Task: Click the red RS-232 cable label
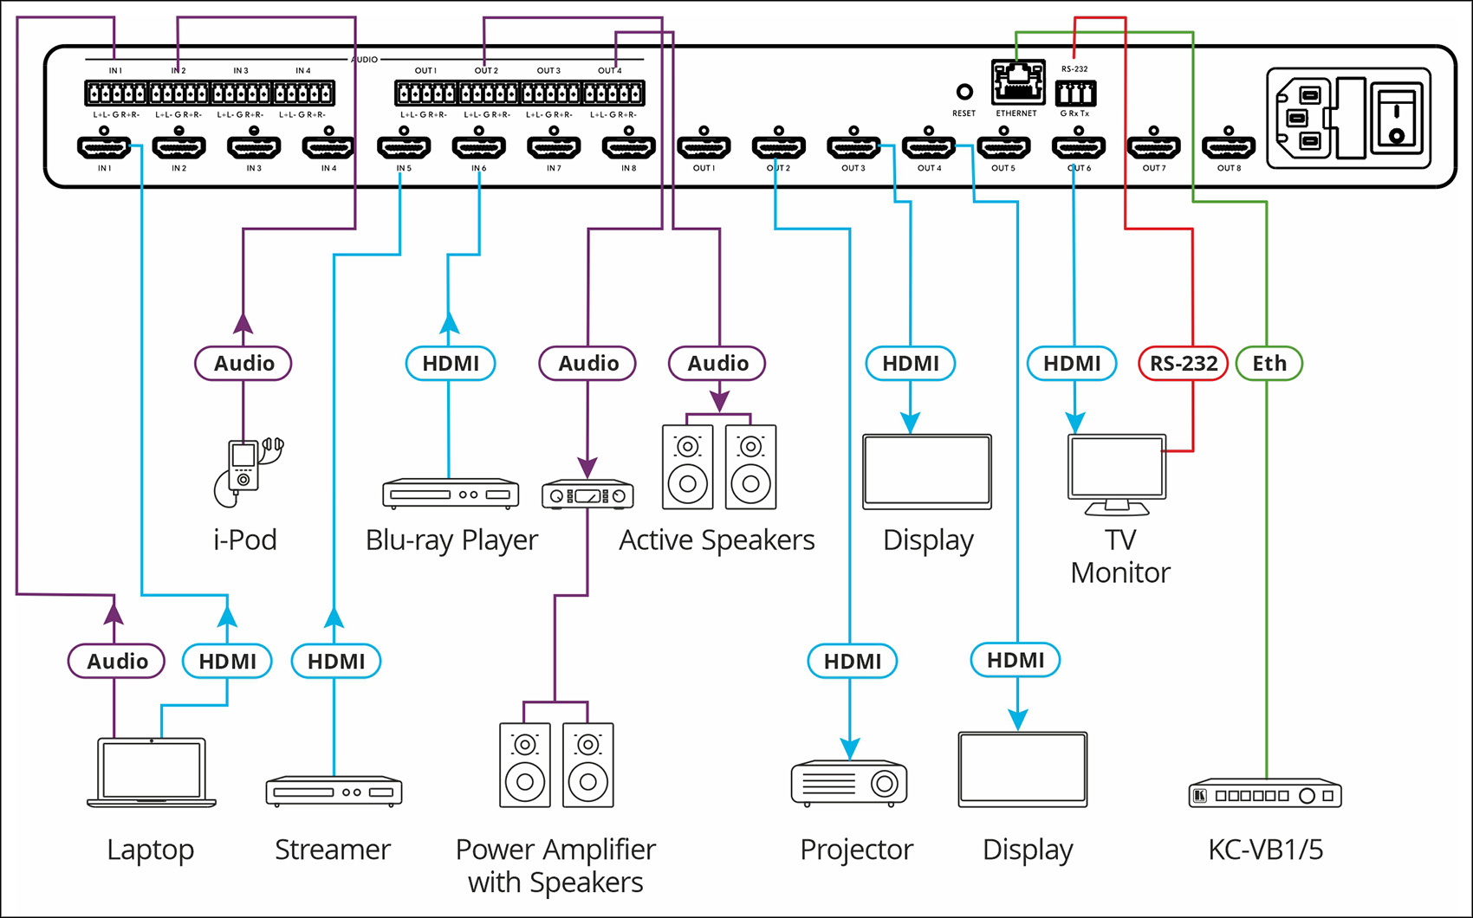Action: click(1183, 364)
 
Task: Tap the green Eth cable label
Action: click(1269, 364)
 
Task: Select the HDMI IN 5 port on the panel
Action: click(404, 147)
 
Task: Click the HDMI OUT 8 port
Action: click(1229, 147)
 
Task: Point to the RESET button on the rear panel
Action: click(964, 92)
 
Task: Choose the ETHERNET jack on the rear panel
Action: click(1017, 83)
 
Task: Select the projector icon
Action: click(849, 783)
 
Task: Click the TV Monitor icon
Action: click(1117, 475)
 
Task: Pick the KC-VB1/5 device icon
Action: click(1265, 794)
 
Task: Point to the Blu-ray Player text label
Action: click(451, 540)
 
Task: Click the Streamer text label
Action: click(333, 850)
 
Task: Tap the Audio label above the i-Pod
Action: click(243, 364)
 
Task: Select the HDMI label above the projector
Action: click(852, 662)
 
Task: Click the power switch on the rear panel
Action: click(1397, 119)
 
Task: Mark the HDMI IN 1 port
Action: click(104, 147)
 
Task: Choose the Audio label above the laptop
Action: click(117, 662)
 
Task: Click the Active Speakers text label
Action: click(717, 540)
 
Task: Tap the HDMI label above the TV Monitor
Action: click(1072, 364)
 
